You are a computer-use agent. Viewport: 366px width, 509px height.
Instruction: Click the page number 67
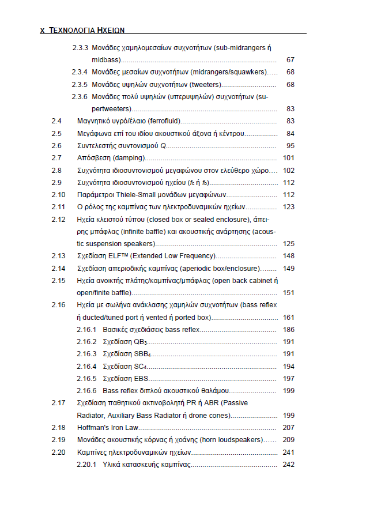coord(290,60)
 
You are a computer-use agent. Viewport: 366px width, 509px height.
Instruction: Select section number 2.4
coord(56,121)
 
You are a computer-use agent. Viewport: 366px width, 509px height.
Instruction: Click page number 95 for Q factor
coord(290,146)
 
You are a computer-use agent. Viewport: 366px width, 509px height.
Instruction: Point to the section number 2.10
coord(58,194)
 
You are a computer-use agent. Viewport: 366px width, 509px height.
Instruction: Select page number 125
coord(289,244)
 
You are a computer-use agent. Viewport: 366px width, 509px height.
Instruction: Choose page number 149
coord(289,268)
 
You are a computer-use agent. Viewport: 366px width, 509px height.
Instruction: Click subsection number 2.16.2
coord(86,342)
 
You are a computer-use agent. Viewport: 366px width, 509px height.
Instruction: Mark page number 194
coord(289,366)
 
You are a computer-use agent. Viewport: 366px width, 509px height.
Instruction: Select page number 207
coord(289,428)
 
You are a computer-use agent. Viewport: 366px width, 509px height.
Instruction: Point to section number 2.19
coord(58,440)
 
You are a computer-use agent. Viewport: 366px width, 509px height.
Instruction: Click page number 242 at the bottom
coord(289,465)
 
